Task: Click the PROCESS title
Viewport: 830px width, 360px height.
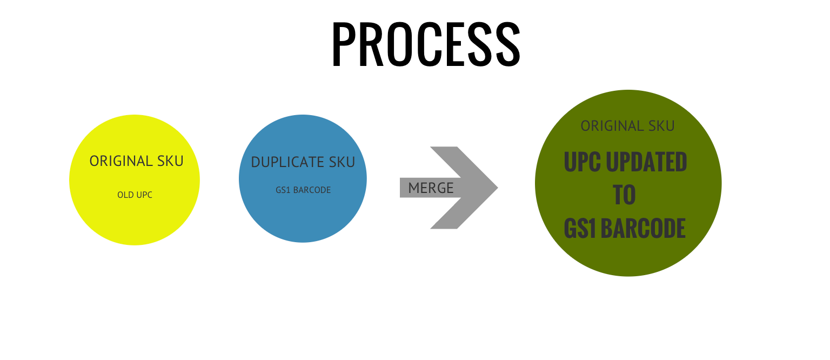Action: click(426, 44)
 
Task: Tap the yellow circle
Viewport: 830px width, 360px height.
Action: click(135, 216)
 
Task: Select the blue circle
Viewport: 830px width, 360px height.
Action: click(303, 216)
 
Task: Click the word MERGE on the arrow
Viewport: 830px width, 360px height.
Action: click(431, 188)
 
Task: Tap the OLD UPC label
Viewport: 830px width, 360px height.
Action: click(135, 195)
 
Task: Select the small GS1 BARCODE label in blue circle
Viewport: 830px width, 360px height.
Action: click(303, 190)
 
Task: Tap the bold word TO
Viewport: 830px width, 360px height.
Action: click(625, 195)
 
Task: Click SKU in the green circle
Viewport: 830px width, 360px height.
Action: click(662, 126)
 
